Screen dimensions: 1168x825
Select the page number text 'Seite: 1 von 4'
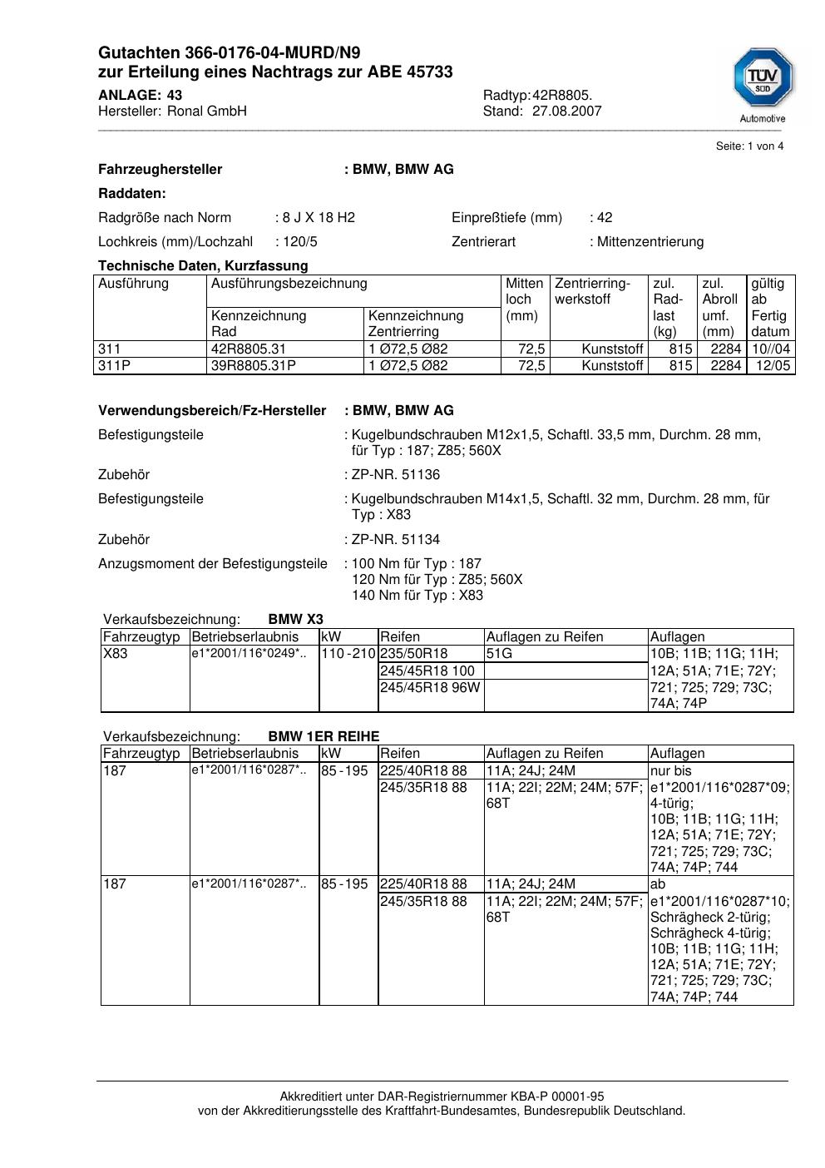(x=749, y=146)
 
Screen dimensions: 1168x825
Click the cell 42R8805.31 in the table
(x=249, y=349)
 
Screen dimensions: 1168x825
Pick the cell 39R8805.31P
(x=254, y=366)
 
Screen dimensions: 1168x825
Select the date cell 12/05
(x=773, y=366)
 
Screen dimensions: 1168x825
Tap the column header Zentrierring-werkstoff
(x=593, y=291)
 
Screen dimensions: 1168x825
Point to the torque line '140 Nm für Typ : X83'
(x=417, y=596)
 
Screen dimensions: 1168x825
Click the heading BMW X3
(x=295, y=620)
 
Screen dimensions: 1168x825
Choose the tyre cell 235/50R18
(x=414, y=654)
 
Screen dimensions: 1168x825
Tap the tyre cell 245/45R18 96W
(x=430, y=687)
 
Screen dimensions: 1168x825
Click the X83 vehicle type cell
(x=116, y=654)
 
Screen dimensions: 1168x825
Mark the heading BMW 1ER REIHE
(x=324, y=736)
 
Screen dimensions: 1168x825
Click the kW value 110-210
(x=348, y=654)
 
